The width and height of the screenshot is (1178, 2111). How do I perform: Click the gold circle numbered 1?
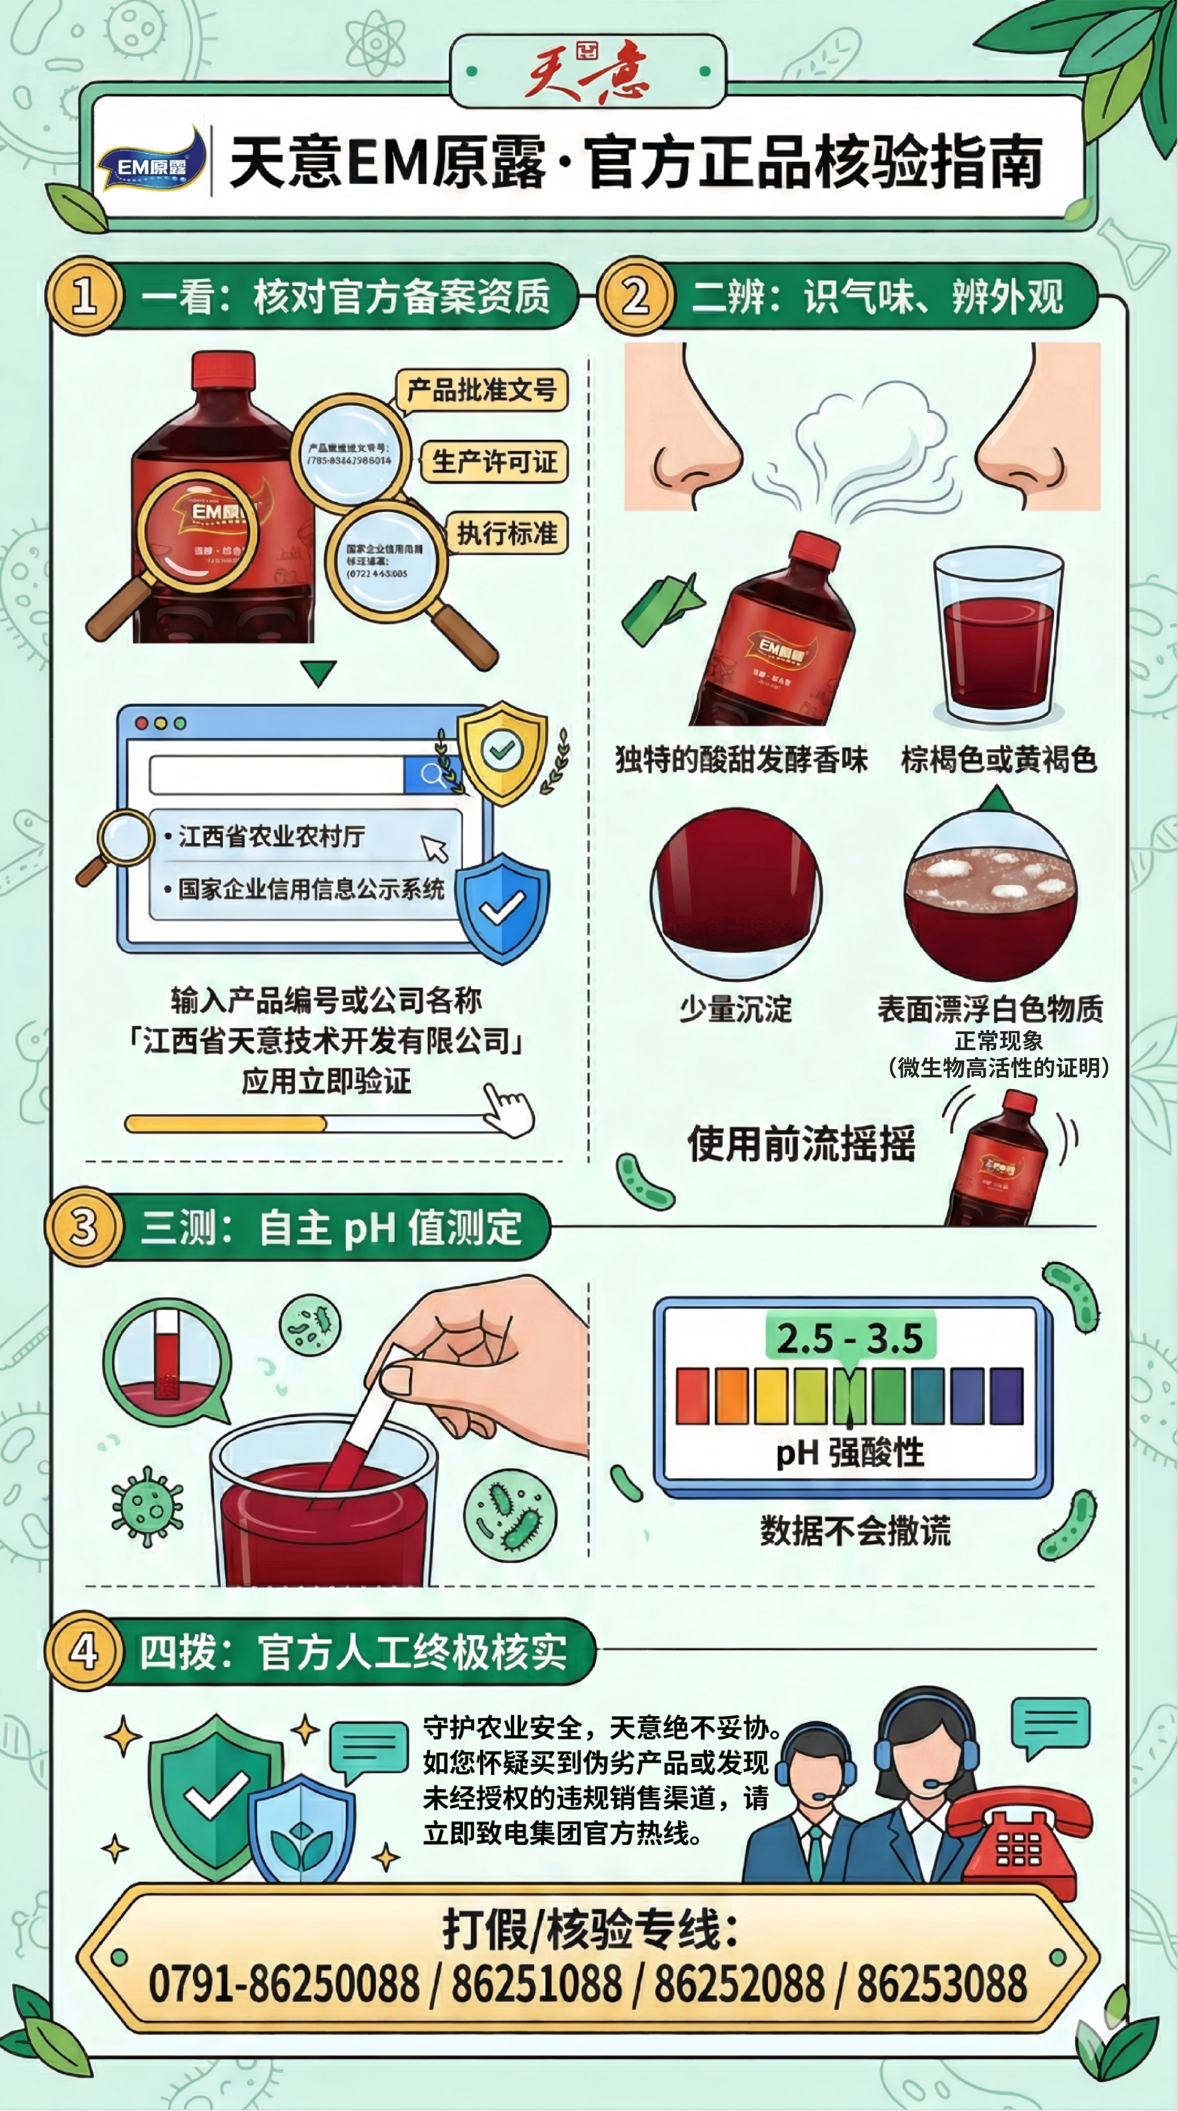pos(84,296)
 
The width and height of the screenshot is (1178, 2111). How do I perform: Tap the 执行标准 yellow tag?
pos(507,534)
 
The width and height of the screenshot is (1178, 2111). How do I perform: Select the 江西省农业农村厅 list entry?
pos(271,837)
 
